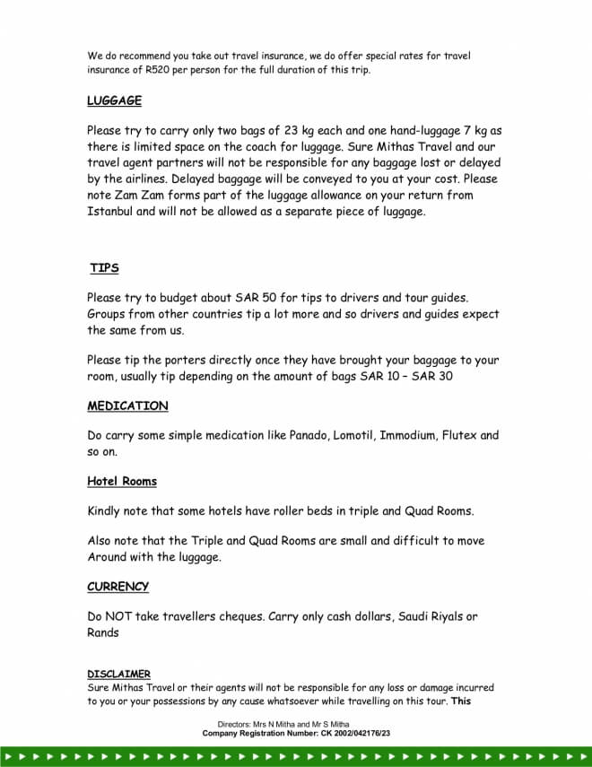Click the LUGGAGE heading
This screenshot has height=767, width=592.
[x=114, y=100]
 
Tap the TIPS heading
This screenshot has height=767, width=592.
[x=104, y=268]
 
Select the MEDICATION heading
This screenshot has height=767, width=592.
[x=127, y=405]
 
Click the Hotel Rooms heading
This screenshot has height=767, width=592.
[x=122, y=482]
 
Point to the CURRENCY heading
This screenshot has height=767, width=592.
[x=118, y=587]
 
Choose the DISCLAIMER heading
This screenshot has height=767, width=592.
[x=118, y=674]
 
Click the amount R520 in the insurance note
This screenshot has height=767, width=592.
[x=168, y=69]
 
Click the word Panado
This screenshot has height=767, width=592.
[x=309, y=436]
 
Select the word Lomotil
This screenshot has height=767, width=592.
[x=357, y=436]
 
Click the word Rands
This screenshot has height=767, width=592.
[x=103, y=632]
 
